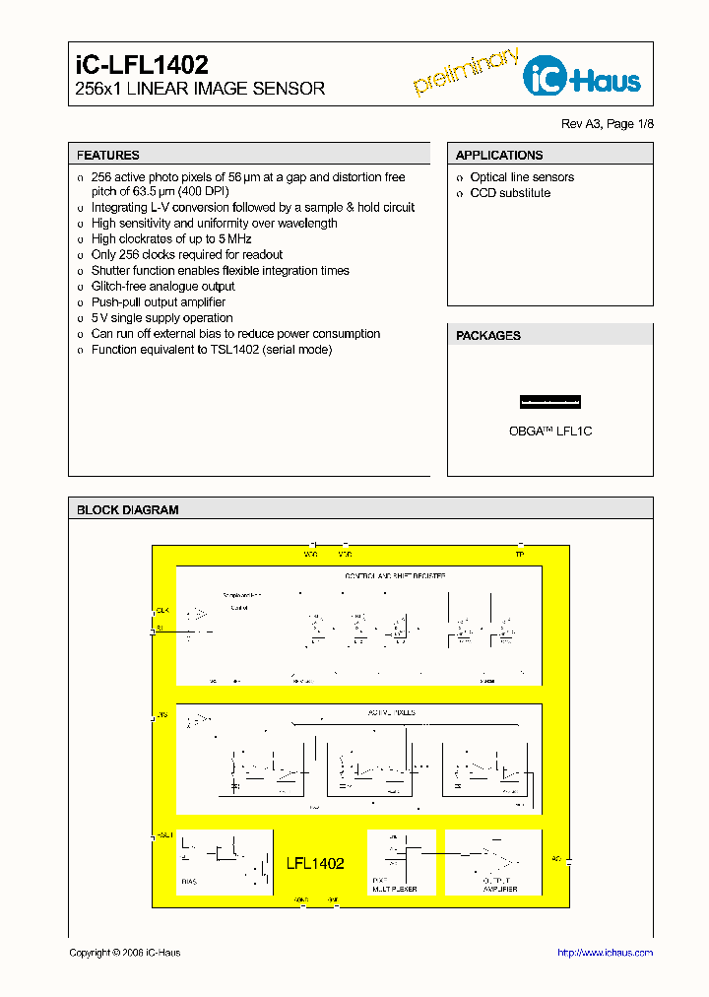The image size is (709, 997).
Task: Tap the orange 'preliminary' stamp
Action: tap(466, 71)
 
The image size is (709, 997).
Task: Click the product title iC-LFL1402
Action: tap(142, 65)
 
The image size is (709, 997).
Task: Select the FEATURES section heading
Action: tap(108, 155)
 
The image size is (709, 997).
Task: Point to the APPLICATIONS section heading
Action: tap(499, 155)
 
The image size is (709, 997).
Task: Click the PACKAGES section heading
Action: tap(488, 336)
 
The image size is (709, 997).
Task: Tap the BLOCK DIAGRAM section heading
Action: tap(128, 510)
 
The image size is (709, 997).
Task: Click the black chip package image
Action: tap(549, 401)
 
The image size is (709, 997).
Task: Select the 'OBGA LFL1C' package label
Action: tap(549, 432)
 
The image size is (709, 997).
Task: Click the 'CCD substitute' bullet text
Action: tap(510, 193)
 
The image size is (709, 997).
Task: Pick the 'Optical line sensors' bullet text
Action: tap(522, 177)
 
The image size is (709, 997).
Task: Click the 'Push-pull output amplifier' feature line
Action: tap(159, 302)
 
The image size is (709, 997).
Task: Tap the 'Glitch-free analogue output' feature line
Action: tap(163, 287)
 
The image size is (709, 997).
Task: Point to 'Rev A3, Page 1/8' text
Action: tap(607, 124)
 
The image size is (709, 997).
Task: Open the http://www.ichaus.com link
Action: tap(605, 953)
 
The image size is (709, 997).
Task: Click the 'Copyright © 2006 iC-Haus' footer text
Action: tap(125, 953)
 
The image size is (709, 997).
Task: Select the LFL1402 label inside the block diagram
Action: tap(315, 863)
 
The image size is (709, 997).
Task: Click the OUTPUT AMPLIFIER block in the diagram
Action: tap(492, 862)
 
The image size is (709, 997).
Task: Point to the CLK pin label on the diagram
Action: tap(162, 610)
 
